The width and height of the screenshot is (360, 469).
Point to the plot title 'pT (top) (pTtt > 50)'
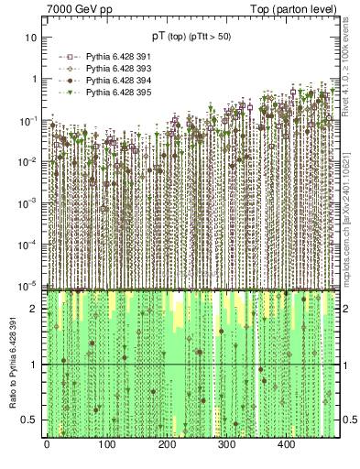[191, 36]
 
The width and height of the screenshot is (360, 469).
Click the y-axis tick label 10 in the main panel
[31, 38]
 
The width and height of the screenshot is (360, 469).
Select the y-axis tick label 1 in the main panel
[34, 79]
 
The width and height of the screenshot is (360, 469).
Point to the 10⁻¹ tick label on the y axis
[29, 120]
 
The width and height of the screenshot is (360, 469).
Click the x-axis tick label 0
[47, 446]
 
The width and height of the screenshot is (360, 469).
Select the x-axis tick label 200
[167, 446]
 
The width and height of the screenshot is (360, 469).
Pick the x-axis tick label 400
[286, 446]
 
